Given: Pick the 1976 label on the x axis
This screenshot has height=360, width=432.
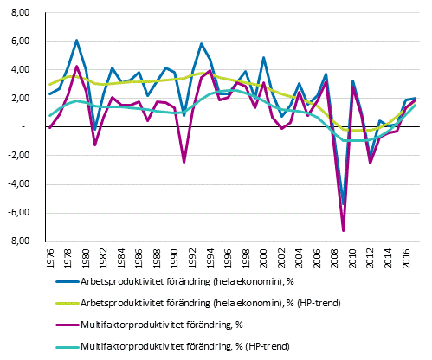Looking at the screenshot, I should [x=50, y=257].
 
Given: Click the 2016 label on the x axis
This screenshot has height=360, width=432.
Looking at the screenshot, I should [x=406, y=257].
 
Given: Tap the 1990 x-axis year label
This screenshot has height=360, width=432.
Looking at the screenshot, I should [x=175, y=257].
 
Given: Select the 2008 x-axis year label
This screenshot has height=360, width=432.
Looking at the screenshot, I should [x=335, y=257].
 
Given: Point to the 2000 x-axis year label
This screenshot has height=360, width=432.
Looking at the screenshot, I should [x=264, y=257].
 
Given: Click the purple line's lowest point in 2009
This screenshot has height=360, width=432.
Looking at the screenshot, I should [x=344, y=230].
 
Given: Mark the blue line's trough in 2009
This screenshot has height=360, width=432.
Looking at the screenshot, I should [x=344, y=204].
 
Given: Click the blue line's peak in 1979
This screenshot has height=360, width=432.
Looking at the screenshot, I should [x=76, y=40].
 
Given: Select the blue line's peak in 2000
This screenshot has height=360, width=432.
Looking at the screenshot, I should [x=263, y=57].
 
